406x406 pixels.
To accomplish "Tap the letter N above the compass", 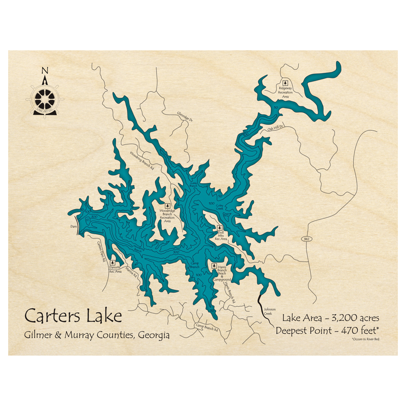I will (x=45, y=70).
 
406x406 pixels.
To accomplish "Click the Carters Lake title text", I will (x=73, y=315).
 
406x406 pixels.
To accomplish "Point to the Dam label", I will (x=73, y=227).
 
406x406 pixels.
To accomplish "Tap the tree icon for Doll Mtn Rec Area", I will (x=220, y=228).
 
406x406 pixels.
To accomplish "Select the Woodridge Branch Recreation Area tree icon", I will (x=167, y=206).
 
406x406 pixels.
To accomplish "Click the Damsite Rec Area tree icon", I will (x=112, y=263).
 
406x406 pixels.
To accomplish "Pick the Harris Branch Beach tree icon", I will (x=214, y=266).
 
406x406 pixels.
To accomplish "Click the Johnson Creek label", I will (x=270, y=311).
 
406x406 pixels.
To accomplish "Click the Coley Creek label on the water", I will (x=220, y=207).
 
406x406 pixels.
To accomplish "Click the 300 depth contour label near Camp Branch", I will (x=176, y=253).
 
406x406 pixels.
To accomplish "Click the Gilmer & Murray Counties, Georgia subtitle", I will (x=97, y=335).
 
